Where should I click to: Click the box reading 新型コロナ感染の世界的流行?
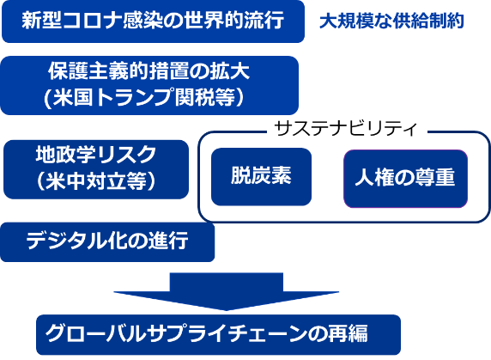[x=153, y=21]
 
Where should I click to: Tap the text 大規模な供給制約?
[x=391, y=21]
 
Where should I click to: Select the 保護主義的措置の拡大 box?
[x=149, y=85]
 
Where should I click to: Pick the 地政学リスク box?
[x=95, y=169]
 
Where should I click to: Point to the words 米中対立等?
[x=96, y=182]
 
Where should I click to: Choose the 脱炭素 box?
[x=261, y=176]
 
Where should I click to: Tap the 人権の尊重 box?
[x=406, y=178]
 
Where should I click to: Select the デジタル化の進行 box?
[x=107, y=241]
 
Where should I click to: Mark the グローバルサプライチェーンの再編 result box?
[x=218, y=334]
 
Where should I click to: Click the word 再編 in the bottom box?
[x=372, y=334]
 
